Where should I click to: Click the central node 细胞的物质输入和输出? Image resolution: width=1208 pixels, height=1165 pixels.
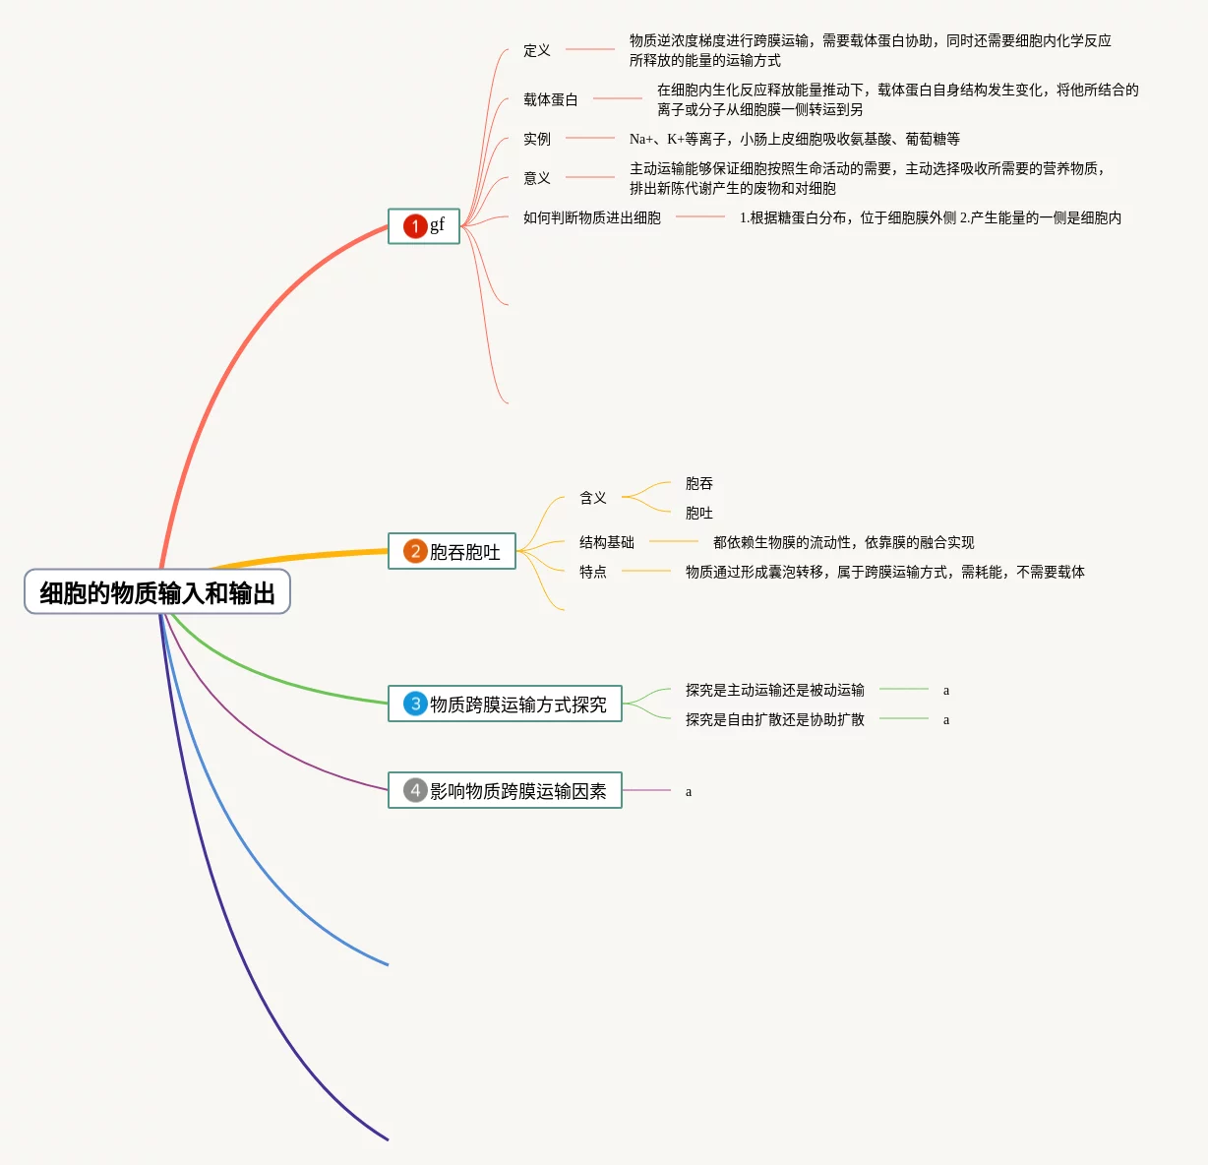pyautogui.click(x=157, y=592)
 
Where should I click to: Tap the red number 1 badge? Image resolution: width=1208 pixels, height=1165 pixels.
pyautogui.click(x=415, y=226)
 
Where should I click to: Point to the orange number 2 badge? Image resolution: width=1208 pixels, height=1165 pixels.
pyautogui.click(x=415, y=551)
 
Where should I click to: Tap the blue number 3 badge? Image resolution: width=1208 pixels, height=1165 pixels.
pyautogui.click(x=415, y=704)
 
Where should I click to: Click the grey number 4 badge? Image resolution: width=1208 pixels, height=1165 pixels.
pyautogui.click(x=415, y=790)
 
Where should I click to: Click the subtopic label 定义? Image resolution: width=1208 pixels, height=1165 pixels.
pyautogui.click(x=537, y=50)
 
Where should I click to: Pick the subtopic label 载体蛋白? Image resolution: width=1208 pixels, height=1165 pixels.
pyautogui.click(x=551, y=99)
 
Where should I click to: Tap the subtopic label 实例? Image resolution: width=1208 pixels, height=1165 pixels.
pyautogui.click(x=537, y=139)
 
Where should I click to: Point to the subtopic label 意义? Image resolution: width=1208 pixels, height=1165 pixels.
pyautogui.click(x=537, y=178)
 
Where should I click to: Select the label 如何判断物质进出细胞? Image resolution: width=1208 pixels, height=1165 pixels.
pyautogui.click(x=592, y=217)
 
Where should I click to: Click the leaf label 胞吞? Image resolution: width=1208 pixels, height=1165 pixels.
pyautogui.click(x=699, y=483)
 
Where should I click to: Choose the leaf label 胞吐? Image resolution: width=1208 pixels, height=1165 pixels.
pyautogui.click(x=699, y=513)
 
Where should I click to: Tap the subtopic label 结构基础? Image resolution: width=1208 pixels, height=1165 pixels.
pyautogui.click(x=607, y=542)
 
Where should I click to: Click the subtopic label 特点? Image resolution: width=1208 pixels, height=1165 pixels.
pyautogui.click(x=593, y=572)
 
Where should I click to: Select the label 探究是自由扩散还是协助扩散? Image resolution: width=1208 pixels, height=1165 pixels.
pyautogui.click(x=775, y=719)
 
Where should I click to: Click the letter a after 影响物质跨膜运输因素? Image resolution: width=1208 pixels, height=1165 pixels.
pyautogui.click(x=689, y=791)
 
